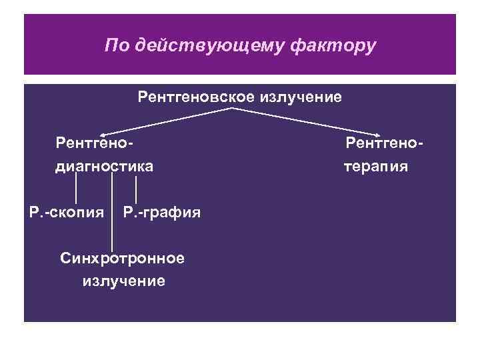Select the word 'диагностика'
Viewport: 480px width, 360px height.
coord(103,165)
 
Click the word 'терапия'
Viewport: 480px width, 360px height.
coord(376,165)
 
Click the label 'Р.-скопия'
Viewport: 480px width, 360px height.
coord(66,213)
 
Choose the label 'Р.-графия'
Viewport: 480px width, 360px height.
coord(162,213)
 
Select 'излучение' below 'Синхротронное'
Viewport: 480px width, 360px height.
coord(123,281)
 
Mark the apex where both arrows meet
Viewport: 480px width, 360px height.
coord(233,109)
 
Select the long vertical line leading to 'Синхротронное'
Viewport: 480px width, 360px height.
coord(111,213)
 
